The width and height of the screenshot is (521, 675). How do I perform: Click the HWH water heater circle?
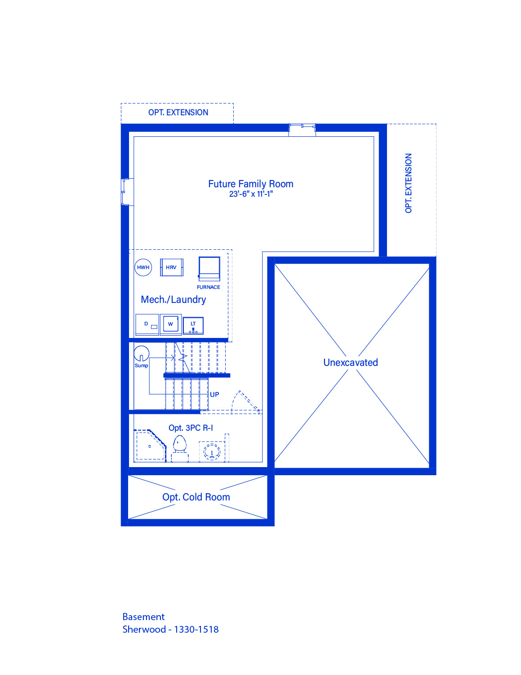click(143, 267)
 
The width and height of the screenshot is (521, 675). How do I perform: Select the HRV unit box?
click(172, 267)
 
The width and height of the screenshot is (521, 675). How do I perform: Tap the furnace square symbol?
click(209, 269)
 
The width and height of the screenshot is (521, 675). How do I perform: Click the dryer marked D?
click(147, 324)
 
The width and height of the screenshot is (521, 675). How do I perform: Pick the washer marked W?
click(171, 324)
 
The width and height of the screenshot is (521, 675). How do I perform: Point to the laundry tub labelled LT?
click(193, 325)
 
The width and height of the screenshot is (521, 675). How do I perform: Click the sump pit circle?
click(142, 354)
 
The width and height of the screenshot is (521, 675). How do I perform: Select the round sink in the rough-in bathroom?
click(212, 451)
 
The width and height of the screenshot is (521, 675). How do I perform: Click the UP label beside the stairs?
click(214, 395)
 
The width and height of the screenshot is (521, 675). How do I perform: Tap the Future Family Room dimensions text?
click(251, 194)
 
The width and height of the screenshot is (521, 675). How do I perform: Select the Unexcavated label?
click(351, 363)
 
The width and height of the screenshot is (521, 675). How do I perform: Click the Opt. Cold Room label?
click(196, 497)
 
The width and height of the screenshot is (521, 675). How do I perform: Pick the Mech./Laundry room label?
click(174, 299)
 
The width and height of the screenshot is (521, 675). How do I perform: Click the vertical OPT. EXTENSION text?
click(408, 183)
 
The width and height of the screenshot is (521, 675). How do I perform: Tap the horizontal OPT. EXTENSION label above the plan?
click(178, 112)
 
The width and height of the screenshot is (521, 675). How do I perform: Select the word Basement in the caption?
click(143, 616)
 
